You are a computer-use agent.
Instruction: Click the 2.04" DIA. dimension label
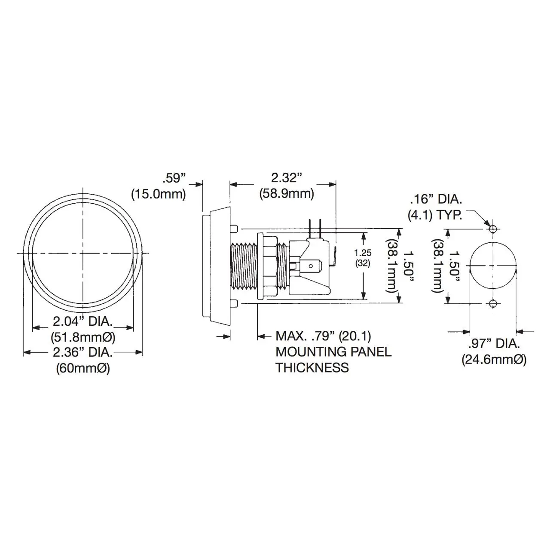(x=83, y=322)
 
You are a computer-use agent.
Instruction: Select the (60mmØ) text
(x=83, y=369)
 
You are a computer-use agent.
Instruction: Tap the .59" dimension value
(x=174, y=178)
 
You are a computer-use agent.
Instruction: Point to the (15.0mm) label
(x=159, y=194)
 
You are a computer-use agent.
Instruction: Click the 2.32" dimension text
(x=286, y=178)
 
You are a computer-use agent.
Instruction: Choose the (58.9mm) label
(x=287, y=194)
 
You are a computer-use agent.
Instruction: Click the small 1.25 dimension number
(x=363, y=253)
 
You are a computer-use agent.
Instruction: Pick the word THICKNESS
(x=312, y=367)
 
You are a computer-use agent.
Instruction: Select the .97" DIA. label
(x=494, y=343)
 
